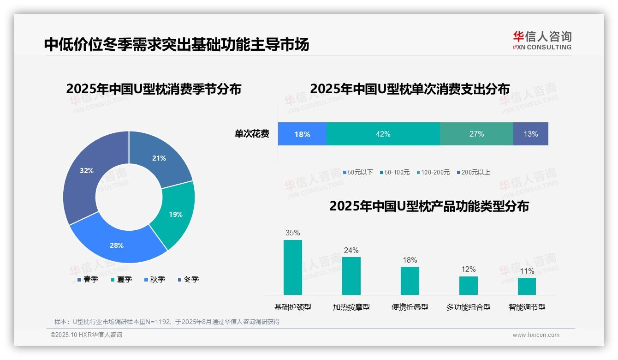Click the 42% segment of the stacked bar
383,134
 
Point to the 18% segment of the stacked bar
302,134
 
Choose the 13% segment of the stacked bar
530,134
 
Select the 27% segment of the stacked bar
476,134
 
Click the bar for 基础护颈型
293,267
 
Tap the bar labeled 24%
351,276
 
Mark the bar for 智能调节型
527,286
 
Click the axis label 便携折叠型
410,307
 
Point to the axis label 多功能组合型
468,307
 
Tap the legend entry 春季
88,279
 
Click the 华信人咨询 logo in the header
542,40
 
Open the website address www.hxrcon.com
536,335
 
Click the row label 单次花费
252,134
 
